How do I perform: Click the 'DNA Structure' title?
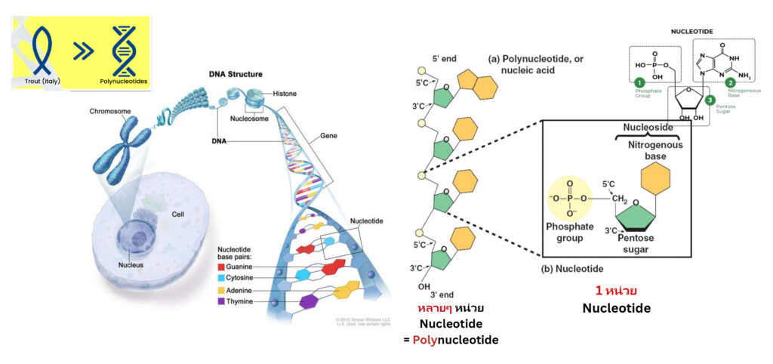point(236,75)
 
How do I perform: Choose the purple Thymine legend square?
point(220,301)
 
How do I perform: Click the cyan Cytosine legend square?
point(220,278)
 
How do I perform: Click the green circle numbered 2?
point(730,82)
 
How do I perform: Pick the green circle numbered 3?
point(709,99)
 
